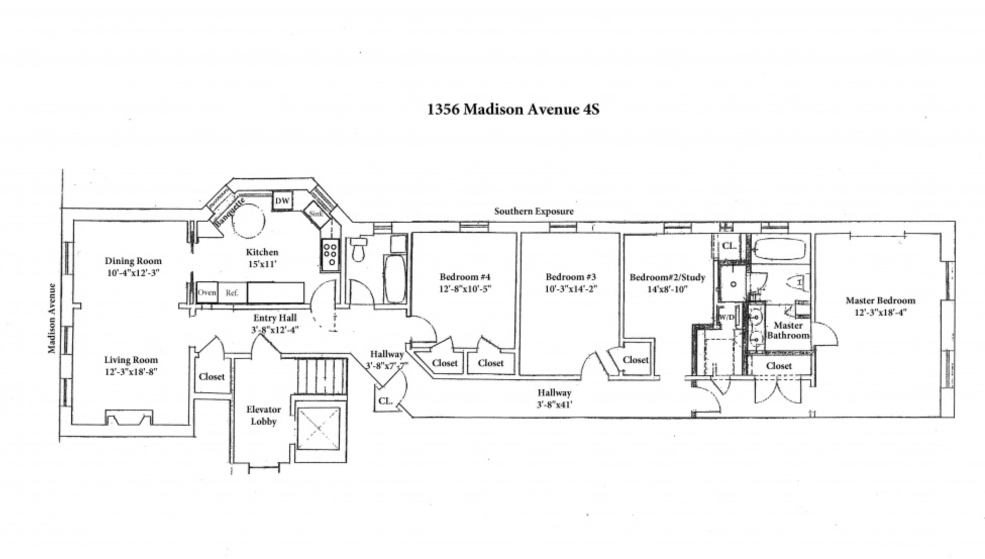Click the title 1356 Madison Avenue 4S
[x=513, y=110]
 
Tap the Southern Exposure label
[x=534, y=211]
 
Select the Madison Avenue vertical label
[x=52, y=318]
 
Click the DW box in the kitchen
[x=282, y=200]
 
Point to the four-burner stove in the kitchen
[x=331, y=255]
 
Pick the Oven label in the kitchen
[x=207, y=292]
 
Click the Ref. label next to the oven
[x=232, y=293]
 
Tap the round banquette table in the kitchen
[x=248, y=221]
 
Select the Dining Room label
[x=133, y=261]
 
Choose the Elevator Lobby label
[x=264, y=415]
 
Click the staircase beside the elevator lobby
[x=322, y=376]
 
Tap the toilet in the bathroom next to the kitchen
[x=358, y=249]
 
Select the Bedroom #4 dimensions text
[x=465, y=289]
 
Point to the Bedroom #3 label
[x=571, y=277]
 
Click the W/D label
[x=727, y=317]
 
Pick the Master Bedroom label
[x=880, y=300]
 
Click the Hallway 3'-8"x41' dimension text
[x=554, y=404]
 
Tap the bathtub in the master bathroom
[x=780, y=249]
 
